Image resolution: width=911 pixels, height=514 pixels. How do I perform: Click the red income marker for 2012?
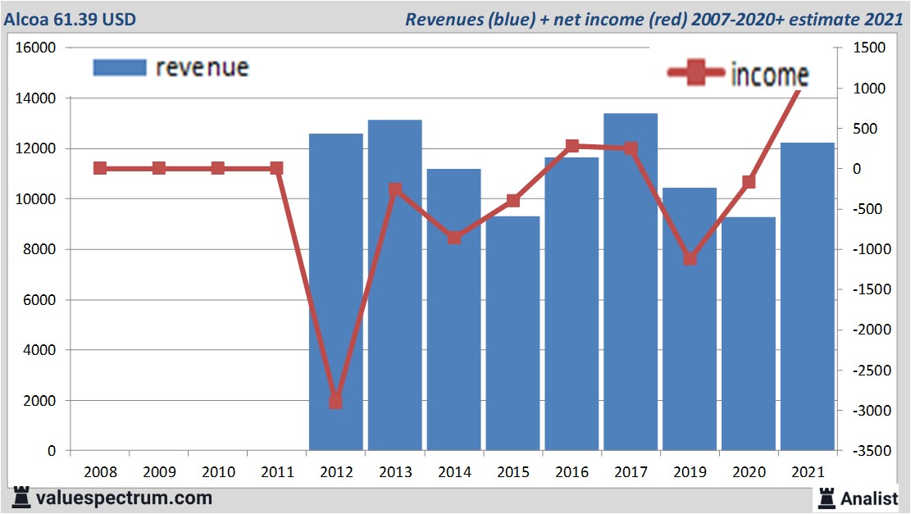pyautogui.click(x=335, y=402)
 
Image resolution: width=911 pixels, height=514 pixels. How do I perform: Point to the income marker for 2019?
pyautogui.click(x=690, y=258)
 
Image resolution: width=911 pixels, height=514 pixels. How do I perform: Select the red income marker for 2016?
pyautogui.click(x=572, y=146)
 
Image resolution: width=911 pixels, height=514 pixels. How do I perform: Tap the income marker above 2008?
pyautogui.click(x=100, y=168)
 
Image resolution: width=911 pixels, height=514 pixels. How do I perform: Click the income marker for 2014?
pyautogui.click(x=453, y=238)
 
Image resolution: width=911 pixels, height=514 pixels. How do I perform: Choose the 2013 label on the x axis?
pyautogui.click(x=394, y=472)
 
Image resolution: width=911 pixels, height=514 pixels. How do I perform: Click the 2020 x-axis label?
pyautogui.click(x=748, y=472)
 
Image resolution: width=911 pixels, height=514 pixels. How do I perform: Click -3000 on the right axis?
pyautogui.click(x=868, y=411)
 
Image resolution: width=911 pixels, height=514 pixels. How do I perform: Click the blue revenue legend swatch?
pyautogui.click(x=120, y=67)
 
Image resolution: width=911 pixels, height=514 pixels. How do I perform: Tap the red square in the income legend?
pyautogui.click(x=695, y=73)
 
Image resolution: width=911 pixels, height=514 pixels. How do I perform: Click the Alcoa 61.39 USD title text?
pyautogui.click(x=71, y=18)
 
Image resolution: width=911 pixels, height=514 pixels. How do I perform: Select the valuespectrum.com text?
pyautogui.click(x=123, y=498)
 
